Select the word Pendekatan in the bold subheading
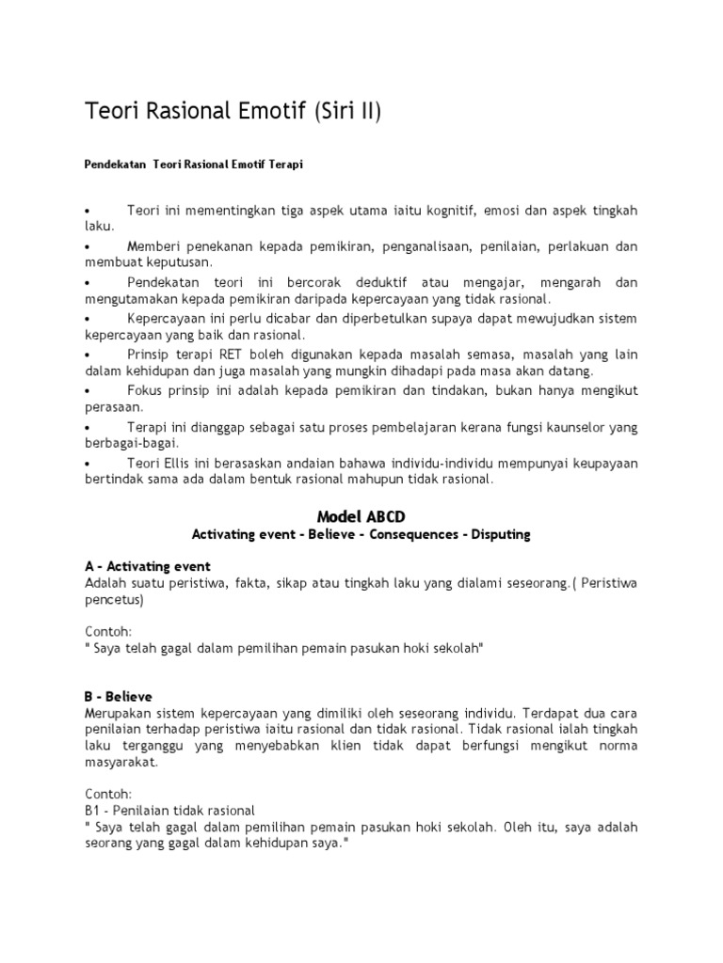109,164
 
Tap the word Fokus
145,389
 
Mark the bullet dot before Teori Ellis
87,463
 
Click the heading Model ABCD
361,514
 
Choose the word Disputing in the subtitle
495,534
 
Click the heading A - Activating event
147,566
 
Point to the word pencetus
110,599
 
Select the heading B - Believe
118,696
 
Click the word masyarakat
120,763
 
